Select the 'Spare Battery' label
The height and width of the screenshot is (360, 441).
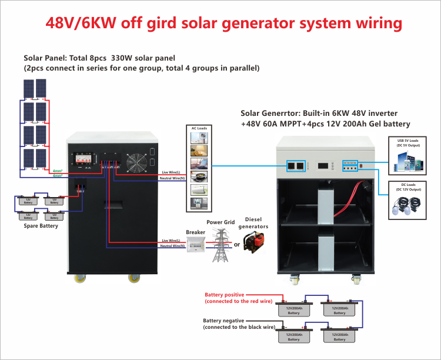pos(41,226)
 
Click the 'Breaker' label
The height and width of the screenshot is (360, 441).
pos(195,232)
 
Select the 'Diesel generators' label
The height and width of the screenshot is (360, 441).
pos(256,223)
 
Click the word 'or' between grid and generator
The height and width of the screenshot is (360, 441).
pos(237,245)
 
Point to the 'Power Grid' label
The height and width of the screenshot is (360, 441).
pos(220,222)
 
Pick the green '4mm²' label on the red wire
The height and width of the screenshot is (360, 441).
pos(58,171)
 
